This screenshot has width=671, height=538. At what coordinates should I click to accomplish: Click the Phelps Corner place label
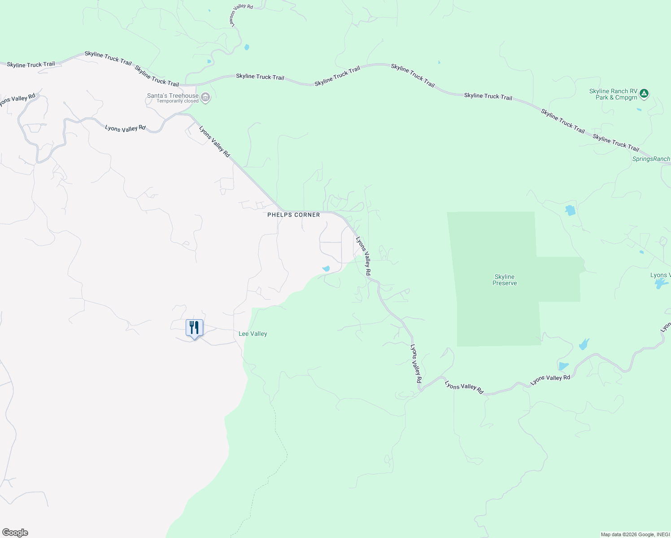pyautogui.click(x=294, y=215)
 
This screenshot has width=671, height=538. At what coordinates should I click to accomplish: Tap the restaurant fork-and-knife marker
pyautogui.click(x=194, y=328)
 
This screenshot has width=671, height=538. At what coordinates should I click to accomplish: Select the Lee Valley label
pyautogui.click(x=253, y=334)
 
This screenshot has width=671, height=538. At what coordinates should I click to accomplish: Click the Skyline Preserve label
pyautogui.click(x=505, y=280)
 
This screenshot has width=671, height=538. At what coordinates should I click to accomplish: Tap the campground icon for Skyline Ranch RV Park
pyautogui.click(x=644, y=94)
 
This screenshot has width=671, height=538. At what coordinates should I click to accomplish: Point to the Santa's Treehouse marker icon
pyautogui.click(x=205, y=97)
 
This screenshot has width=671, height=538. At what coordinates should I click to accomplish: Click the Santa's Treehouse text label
pyautogui.click(x=173, y=95)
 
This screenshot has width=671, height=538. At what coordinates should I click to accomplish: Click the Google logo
pyautogui.click(x=15, y=533)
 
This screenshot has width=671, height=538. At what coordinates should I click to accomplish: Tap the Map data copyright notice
pyautogui.click(x=635, y=534)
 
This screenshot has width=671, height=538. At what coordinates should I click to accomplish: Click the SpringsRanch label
pyautogui.click(x=651, y=159)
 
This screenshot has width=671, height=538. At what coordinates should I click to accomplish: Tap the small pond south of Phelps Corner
pyautogui.click(x=326, y=269)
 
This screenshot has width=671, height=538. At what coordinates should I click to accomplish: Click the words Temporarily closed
pyautogui.click(x=178, y=101)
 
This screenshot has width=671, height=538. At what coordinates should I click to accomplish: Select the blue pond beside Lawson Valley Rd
pyautogui.click(x=246, y=47)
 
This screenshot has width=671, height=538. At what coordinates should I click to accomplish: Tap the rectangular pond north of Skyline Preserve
pyautogui.click(x=570, y=210)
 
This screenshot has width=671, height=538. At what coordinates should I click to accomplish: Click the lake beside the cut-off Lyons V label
pyautogui.click(x=661, y=283)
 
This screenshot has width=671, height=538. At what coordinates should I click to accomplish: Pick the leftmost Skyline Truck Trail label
pyautogui.click(x=31, y=65)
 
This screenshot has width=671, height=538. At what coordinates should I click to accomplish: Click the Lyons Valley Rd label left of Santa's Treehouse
pyautogui.click(x=125, y=128)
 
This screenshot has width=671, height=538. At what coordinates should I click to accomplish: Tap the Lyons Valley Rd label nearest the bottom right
pyautogui.click(x=550, y=379)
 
